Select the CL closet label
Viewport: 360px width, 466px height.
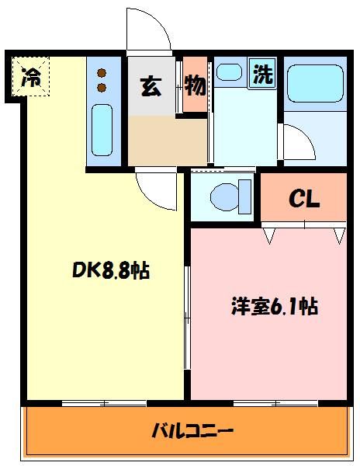pyautogui.click(x=304, y=199)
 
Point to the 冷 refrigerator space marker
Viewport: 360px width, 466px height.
pyautogui.click(x=31, y=77)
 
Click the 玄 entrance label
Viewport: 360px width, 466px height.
pyautogui.click(x=150, y=85)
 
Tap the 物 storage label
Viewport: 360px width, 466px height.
pyautogui.click(x=195, y=85)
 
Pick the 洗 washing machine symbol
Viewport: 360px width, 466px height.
pyautogui.click(x=264, y=75)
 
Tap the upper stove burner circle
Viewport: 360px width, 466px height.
pyautogui.click(x=102, y=73)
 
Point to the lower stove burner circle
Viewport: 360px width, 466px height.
pyautogui.click(x=102, y=89)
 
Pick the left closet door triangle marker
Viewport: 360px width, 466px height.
pyautogui.click(x=270, y=233)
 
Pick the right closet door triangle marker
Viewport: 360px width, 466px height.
pyautogui.click(x=338, y=233)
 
